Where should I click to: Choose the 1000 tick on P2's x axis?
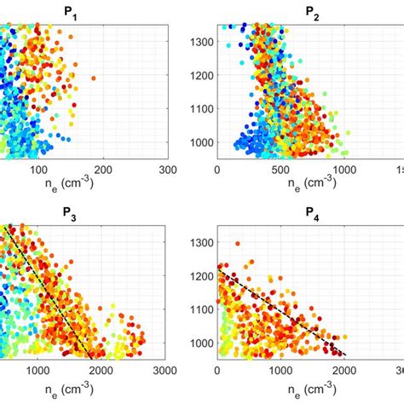pyautogui.click(x=344, y=170)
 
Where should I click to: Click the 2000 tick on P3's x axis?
pyautogui.click(x=101, y=372)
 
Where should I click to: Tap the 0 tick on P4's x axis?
pyautogui.click(x=218, y=372)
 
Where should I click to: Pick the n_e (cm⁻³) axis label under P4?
pyautogui.click(x=303, y=387)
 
